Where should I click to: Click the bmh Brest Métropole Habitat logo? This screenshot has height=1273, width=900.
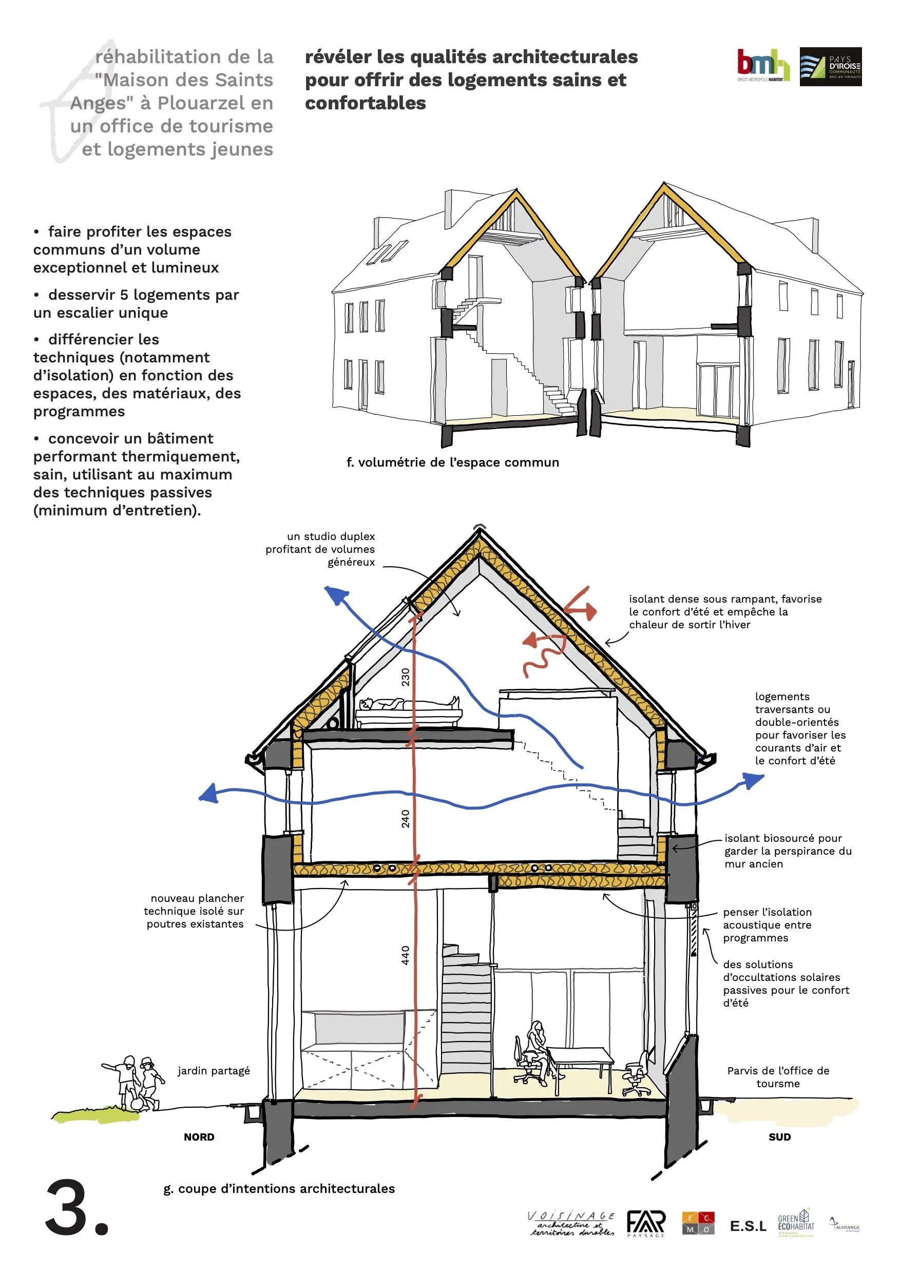(763, 66)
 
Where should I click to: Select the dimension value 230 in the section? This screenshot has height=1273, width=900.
(406, 677)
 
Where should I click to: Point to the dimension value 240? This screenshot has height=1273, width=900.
(406, 819)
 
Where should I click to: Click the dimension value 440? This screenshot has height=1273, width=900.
(406, 955)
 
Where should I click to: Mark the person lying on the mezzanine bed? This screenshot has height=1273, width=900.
(410, 704)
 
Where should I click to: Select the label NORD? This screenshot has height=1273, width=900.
(199, 1137)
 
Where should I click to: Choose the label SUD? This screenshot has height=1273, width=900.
(779, 1137)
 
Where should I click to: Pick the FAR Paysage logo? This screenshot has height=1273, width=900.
(646, 1224)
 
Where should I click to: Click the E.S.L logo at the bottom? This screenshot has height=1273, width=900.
(748, 1226)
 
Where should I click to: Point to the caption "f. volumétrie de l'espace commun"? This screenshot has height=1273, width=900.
(452, 462)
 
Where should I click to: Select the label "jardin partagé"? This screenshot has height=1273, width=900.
(214, 1071)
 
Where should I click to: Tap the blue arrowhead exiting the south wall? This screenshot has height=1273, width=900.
(754, 781)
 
